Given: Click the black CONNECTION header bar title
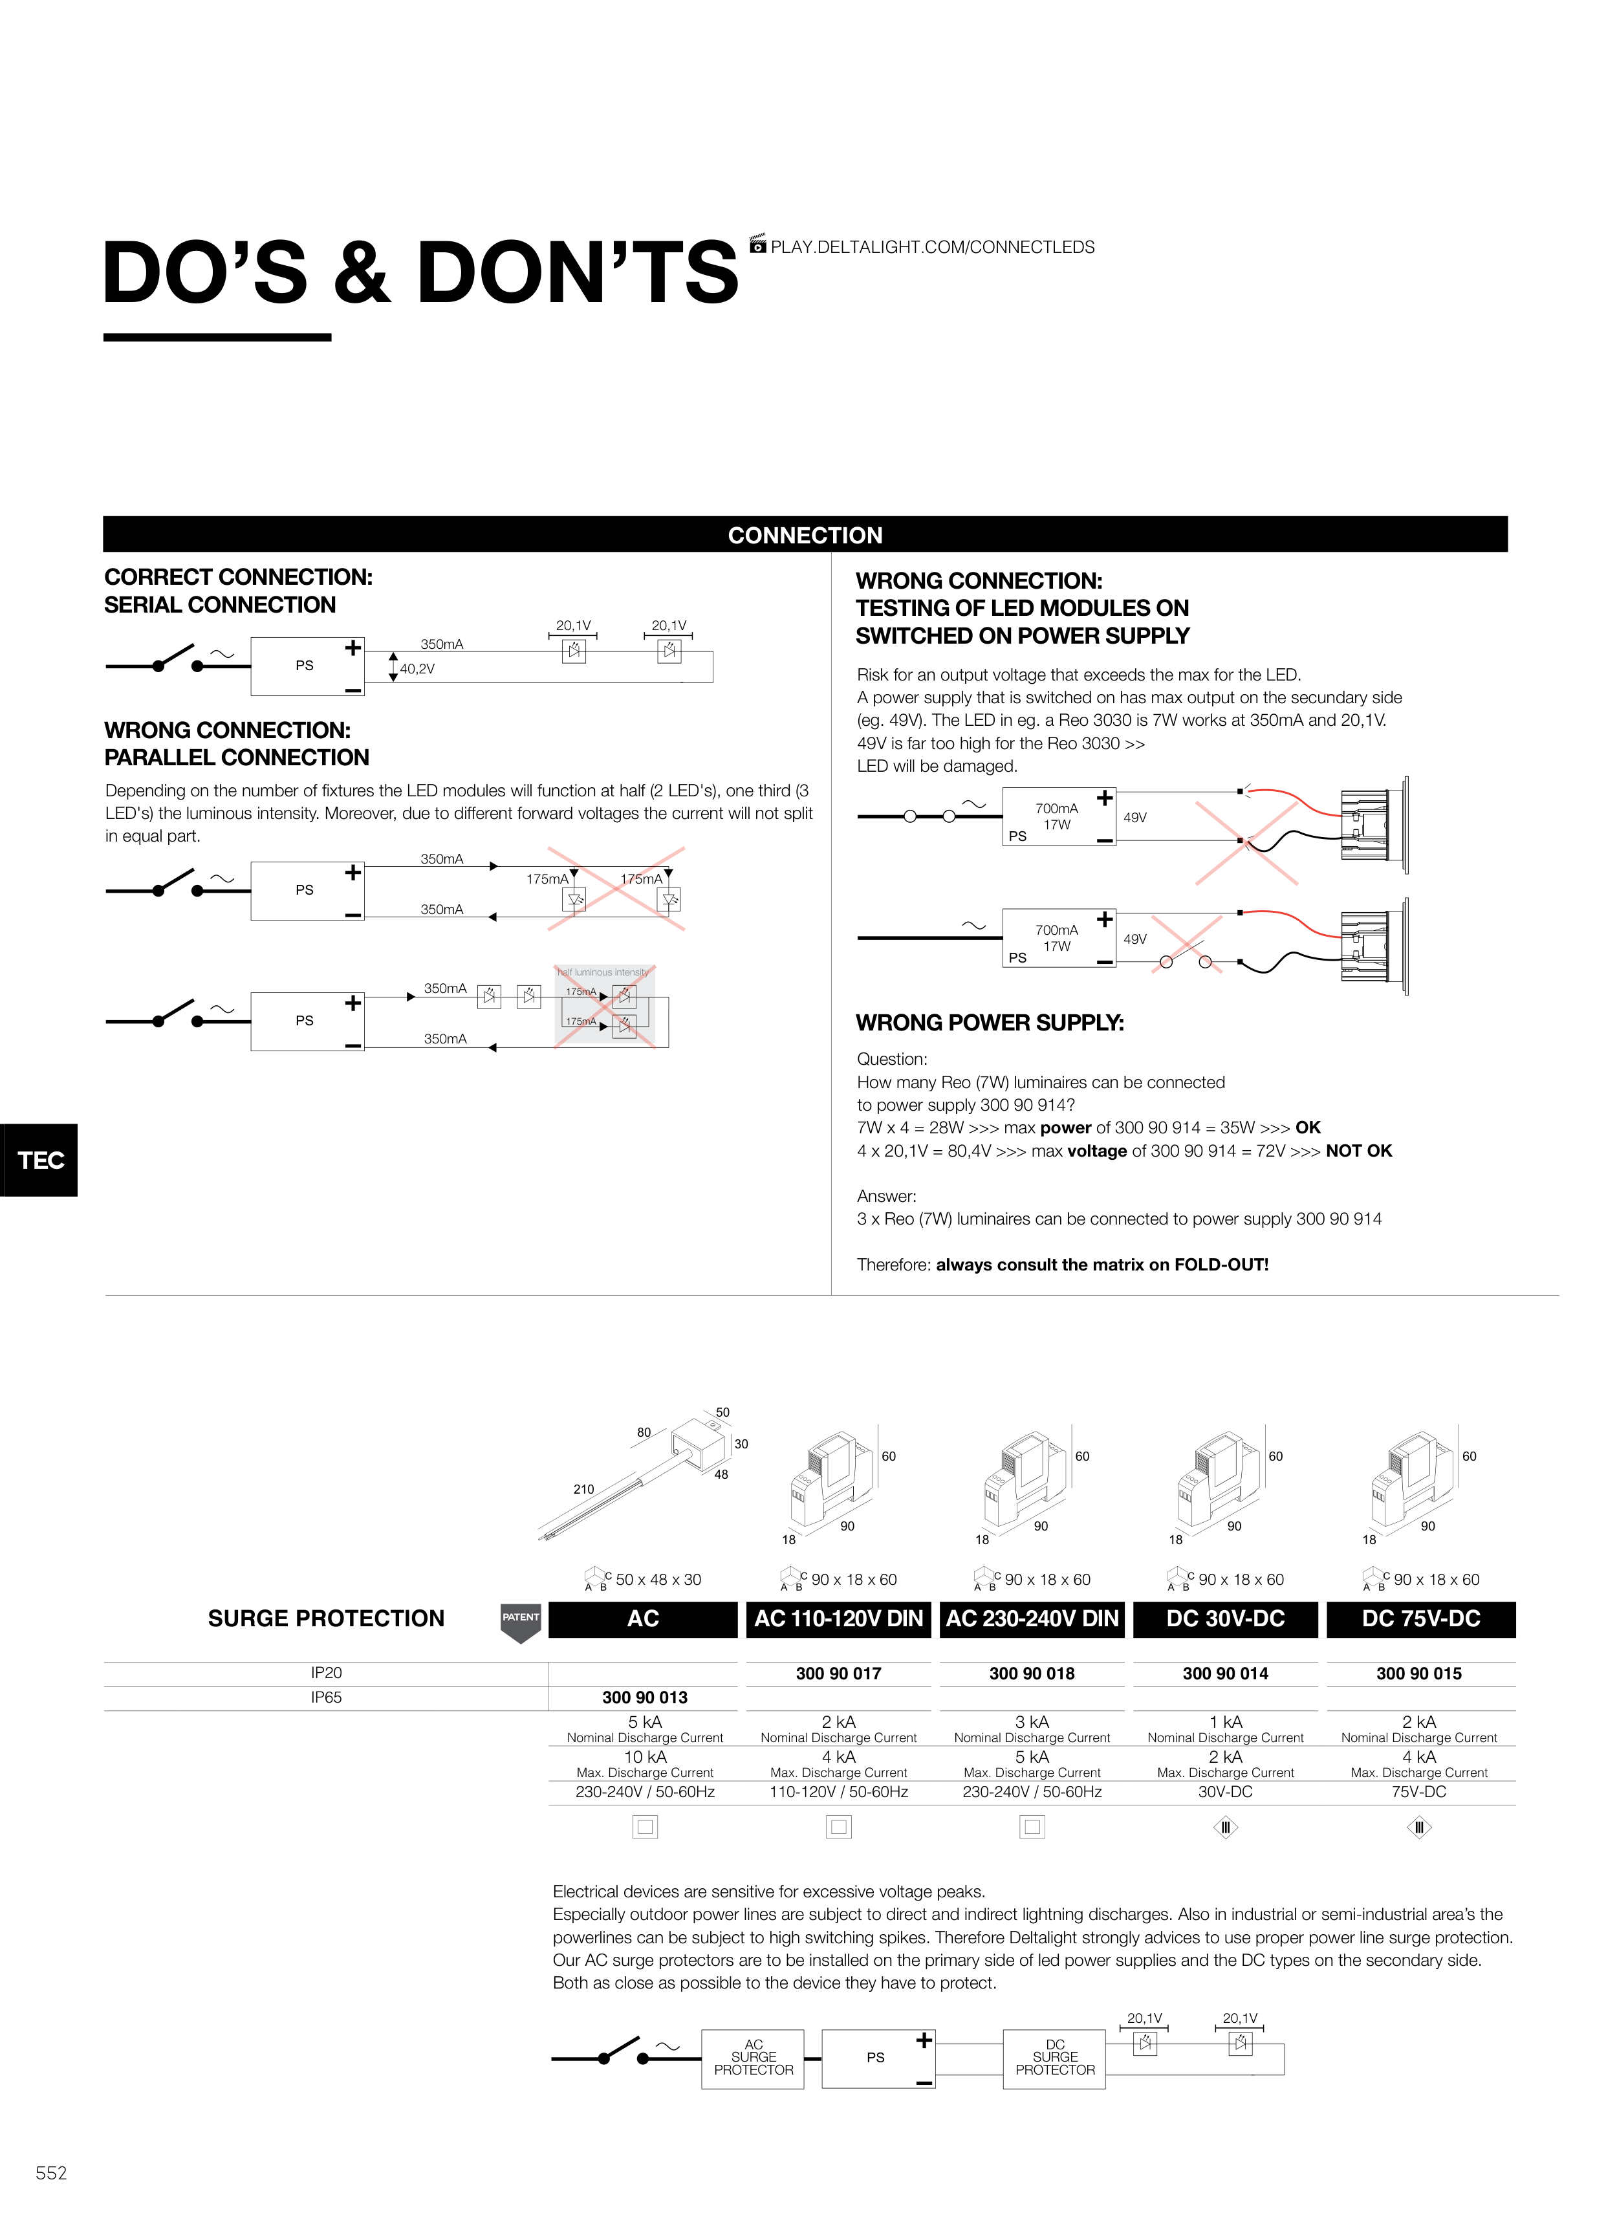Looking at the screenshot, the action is [x=805, y=536].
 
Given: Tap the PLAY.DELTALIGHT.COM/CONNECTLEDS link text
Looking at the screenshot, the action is [x=933, y=247].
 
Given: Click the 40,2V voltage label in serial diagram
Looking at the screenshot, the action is [x=417, y=669].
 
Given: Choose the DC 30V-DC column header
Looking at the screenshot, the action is [x=1226, y=1619].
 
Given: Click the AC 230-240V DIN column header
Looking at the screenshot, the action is [x=1032, y=1619].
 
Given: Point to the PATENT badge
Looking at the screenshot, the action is [x=521, y=1622].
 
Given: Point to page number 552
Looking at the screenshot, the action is [x=51, y=2173].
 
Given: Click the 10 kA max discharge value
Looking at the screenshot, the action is [x=646, y=1756].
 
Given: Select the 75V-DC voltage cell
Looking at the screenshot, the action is [x=1419, y=1792].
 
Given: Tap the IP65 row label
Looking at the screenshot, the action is [x=327, y=1697].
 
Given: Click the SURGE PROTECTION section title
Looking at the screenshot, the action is [x=327, y=1619].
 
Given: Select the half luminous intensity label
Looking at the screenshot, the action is [x=603, y=973].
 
